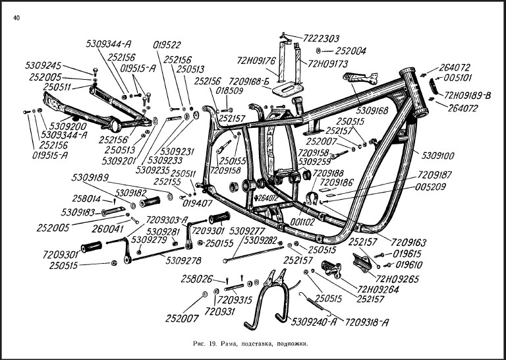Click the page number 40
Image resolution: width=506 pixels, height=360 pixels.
(x=16, y=17)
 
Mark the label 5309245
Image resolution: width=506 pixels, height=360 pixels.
(x=43, y=66)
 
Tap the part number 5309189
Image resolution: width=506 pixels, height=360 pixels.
(x=90, y=177)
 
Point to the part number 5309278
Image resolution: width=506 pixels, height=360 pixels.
(x=184, y=261)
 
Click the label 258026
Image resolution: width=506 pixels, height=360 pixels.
(x=198, y=280)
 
